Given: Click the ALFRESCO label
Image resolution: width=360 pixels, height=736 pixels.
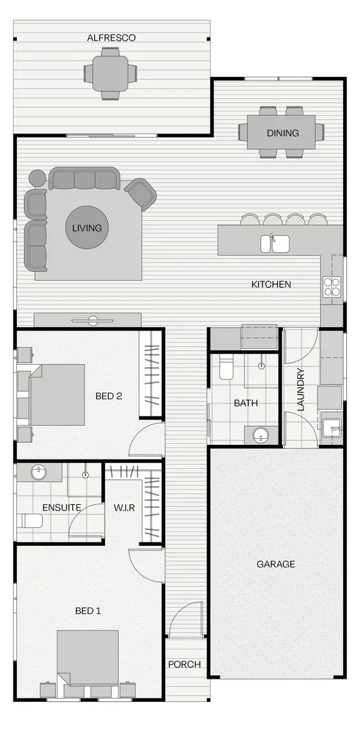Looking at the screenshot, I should click(111, 38).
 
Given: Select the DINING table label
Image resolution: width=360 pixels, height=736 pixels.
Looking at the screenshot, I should click(282, 133).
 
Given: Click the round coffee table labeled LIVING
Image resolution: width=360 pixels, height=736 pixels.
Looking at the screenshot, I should click(87, 228).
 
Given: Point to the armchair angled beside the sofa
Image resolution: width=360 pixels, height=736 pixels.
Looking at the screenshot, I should click(141, 194).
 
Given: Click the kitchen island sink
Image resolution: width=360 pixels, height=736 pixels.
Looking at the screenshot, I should click(275, 243).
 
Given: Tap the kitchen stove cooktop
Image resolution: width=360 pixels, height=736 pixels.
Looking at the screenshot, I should click(332, 286).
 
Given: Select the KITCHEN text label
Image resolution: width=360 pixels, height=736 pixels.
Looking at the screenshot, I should click(271, 284).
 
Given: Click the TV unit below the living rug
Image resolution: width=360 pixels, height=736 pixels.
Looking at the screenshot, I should click(88, 320).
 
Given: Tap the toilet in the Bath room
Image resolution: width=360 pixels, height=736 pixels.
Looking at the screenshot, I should click(227, 369).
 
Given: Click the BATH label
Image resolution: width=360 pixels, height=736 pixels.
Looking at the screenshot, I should click(245, 403).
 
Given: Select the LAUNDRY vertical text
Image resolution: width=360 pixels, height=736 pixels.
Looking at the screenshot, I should click(300, 390).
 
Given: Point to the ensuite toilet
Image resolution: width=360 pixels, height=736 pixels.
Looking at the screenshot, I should click(31, 521).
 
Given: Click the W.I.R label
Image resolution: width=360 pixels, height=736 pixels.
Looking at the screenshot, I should click(123, 507).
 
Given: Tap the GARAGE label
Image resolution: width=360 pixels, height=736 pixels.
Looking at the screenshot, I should click(275, 564).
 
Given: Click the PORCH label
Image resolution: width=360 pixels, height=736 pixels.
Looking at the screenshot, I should click(184, 664).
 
